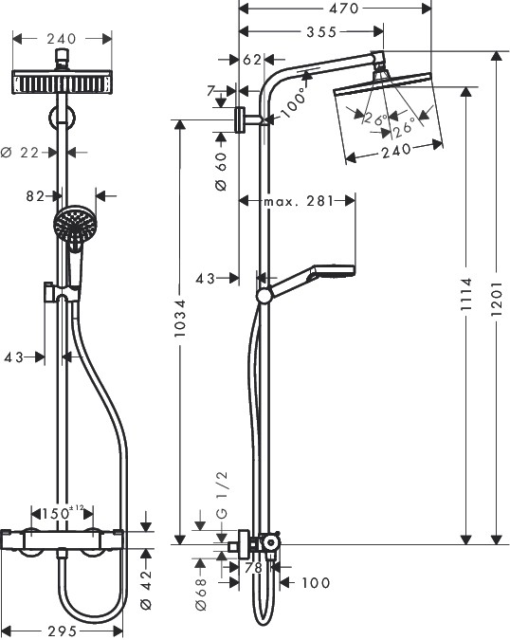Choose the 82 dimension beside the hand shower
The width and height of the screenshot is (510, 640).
pos(35,196)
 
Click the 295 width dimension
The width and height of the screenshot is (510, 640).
pos(64,630)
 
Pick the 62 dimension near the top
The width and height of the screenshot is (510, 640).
pos(251,59)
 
